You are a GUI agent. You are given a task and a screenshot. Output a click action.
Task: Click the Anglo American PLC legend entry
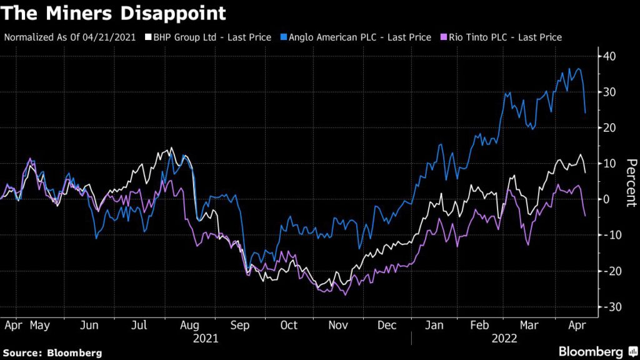(x=357, y=37)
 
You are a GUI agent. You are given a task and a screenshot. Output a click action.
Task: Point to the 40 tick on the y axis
(x=609, y=56)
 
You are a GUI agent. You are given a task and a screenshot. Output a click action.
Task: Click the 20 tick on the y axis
(x=609, y=127)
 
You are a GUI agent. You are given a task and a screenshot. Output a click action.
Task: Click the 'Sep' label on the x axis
(x=240, y=326)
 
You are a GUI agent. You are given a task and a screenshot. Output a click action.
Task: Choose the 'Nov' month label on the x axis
(x=338, y=326)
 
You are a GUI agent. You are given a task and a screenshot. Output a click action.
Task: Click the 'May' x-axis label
(x=39, y=326)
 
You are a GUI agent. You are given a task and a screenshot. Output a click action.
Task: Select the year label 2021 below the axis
(x=206, y=338)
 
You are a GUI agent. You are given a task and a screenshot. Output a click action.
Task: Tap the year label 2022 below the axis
(x=505, y=338)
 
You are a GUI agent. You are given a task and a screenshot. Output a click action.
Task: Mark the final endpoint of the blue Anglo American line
(x=585, y=113)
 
